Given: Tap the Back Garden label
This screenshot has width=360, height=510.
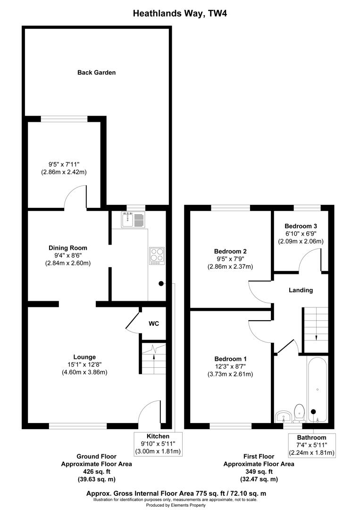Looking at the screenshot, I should point(97,73).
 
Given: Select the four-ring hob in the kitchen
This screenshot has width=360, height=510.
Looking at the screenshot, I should point(157,255).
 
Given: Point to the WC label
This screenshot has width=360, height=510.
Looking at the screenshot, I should point(154,324).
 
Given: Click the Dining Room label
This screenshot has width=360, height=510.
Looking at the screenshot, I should point(68,248).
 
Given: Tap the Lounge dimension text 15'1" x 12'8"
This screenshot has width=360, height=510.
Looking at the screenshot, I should point(84,365).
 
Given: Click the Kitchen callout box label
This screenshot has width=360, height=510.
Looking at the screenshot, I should point(158,436).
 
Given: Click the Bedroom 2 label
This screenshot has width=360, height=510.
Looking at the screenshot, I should point(230,251).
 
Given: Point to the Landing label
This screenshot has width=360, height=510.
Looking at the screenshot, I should point(301,290).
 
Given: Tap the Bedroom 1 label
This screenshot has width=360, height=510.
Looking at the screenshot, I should point(230,358).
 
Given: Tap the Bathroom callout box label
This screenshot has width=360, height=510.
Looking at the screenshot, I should point(311,438).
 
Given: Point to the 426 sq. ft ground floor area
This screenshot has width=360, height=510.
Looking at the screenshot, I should point(97,472).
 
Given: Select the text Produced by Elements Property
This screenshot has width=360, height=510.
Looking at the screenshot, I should point(179,505).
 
